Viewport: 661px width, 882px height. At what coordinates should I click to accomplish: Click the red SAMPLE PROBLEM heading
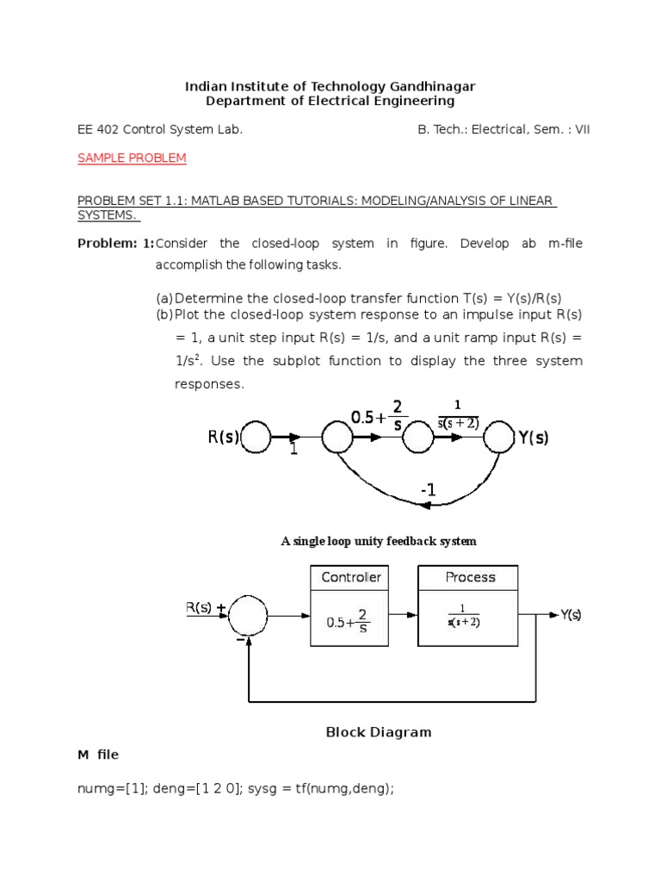[x=132, y=158]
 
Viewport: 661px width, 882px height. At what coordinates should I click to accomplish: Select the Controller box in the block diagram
[x=350, y=606]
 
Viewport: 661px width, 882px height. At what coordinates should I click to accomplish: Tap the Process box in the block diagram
[x=470, y=606]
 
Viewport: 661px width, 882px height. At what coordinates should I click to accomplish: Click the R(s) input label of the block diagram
[x=199, y=607]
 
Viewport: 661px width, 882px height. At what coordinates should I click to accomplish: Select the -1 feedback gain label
[x=428, y=490]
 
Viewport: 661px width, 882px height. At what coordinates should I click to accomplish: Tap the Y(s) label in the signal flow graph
[x=533, y=438]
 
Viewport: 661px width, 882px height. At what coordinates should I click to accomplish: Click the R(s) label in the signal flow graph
[x=223, y=438]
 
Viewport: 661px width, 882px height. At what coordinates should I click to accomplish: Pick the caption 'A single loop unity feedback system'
[x=379, y=541]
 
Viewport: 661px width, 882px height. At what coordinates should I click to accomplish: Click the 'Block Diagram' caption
[x=378, y=732]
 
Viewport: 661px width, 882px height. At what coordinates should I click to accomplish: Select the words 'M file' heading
[x=98, y=755]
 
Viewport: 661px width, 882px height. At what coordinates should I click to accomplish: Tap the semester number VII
[x=581, y=130]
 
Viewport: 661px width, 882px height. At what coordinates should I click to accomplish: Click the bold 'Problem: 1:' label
[x=115, y=244]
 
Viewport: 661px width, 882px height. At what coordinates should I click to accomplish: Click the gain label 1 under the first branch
[x=293, y=450]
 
